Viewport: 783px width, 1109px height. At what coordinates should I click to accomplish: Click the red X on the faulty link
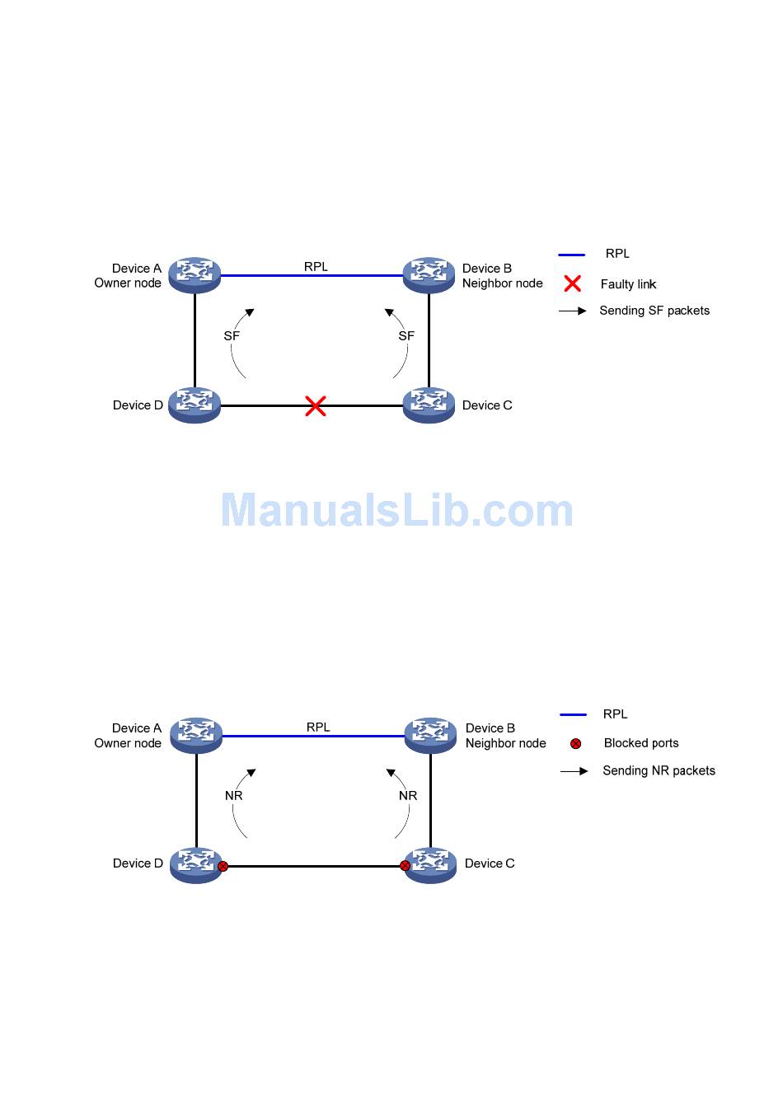click(315, 405)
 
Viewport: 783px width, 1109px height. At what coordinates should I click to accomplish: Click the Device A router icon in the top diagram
click(195, 274)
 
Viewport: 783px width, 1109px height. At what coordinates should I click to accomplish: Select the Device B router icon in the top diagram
click(429, 274)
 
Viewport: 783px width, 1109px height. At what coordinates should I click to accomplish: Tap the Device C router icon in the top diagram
click(429, 405)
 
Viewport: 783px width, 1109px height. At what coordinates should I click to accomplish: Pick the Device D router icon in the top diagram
click(195, 405)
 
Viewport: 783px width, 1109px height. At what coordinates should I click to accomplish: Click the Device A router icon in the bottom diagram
click(196, 735)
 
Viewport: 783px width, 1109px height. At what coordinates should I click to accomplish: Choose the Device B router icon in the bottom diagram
click(430, 735)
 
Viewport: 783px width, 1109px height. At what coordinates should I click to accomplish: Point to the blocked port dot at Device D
click(223, 866)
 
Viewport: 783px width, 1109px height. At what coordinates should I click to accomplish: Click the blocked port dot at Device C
click(405, 866)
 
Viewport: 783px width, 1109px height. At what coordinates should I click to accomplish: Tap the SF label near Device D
click(232, 336)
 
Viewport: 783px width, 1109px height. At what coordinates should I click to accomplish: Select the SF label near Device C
click(406, 336)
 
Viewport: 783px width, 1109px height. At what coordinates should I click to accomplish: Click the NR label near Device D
click(234, 796)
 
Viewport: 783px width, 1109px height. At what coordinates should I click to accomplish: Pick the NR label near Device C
click(408, 796)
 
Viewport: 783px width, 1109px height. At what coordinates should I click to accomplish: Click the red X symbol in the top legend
click(572, 283)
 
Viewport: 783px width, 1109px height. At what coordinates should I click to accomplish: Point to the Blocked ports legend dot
click(575, 744)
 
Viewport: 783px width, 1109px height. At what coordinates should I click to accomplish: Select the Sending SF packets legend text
click(654, 311)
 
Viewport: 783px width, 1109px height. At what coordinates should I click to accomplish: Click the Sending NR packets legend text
click(659, 771)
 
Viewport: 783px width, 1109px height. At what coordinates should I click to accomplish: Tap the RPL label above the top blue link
click(316, 267)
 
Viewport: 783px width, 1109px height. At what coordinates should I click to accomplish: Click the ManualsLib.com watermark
click(396, 511)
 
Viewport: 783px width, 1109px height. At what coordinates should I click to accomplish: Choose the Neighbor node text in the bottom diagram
click(505, 743)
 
